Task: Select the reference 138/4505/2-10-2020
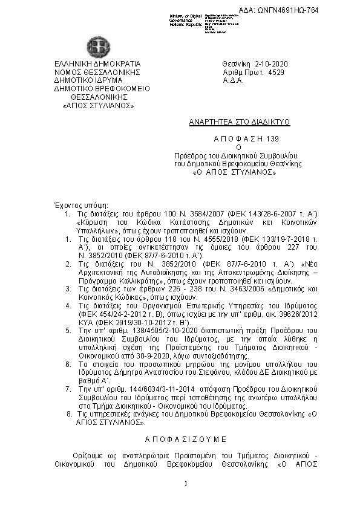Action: pos(136,332)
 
